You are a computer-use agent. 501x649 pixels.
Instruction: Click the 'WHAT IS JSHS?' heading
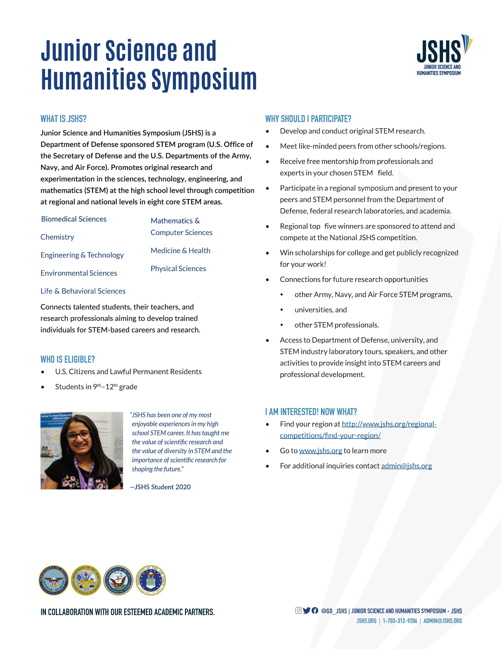click(64, 119)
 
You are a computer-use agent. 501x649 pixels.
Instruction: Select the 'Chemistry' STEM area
click(57, 237)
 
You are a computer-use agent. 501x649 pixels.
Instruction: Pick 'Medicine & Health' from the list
click(180, 251)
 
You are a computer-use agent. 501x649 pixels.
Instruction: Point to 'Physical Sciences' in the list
click(178, 269)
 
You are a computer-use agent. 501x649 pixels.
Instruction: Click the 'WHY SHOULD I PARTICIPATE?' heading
click(308, 119)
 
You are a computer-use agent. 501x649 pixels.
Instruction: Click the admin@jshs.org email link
click(406, 466)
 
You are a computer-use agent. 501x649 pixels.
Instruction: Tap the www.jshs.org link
click(321, 451)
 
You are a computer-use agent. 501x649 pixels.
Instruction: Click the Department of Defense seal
click(53, 580)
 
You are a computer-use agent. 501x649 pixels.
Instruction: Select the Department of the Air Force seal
click(151, 580)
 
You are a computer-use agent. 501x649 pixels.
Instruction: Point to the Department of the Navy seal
click(118, 580)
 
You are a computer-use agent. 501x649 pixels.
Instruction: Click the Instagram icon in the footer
click(298, 610)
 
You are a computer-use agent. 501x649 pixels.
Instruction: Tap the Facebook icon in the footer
click(315, 610)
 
